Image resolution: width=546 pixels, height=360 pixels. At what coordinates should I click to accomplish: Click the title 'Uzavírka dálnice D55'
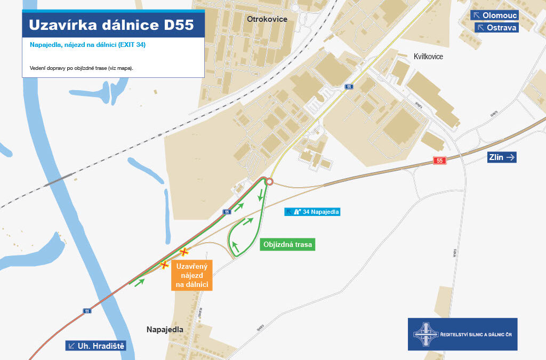click(x=111, y=26)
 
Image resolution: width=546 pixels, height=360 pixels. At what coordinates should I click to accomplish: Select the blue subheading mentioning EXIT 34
click(x=88, y=45)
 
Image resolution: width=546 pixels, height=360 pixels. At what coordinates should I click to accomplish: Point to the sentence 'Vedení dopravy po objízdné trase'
click(x=81, y=68)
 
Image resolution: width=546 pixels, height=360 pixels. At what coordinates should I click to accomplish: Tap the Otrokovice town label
click(x=267, y=19)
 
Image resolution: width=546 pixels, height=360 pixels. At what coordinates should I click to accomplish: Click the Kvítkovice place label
click(x=428, y=57)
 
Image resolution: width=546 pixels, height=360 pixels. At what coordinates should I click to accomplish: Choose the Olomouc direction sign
click(x=496, y=15)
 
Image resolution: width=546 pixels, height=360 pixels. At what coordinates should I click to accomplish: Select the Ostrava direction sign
click(x=496, y=27)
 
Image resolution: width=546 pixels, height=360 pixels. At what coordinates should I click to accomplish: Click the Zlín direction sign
click(x=502, y=157)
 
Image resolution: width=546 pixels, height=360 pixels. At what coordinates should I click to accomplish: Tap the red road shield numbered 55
click(x=439, y=161)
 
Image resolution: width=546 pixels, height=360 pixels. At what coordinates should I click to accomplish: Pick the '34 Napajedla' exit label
click(x=312, y=212)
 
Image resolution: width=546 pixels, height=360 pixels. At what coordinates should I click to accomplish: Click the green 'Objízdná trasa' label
click(x=287, y=245)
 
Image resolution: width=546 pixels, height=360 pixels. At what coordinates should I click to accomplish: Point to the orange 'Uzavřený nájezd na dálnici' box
click(x=192, y=275)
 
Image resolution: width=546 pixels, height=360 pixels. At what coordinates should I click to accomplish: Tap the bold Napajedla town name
click(x=165, y=330)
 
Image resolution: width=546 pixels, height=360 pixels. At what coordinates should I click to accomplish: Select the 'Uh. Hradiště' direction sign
click(x=96, y=346)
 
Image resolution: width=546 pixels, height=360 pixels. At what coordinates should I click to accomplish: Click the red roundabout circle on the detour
click(x=269, y=182)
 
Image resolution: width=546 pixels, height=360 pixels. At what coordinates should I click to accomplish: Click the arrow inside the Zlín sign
click(x=510, y=157)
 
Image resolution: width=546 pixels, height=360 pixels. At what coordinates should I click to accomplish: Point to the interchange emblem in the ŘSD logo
click(x=425, y=334)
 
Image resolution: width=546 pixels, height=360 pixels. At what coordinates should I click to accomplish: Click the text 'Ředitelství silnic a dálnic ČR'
click(x=475, y=334)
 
